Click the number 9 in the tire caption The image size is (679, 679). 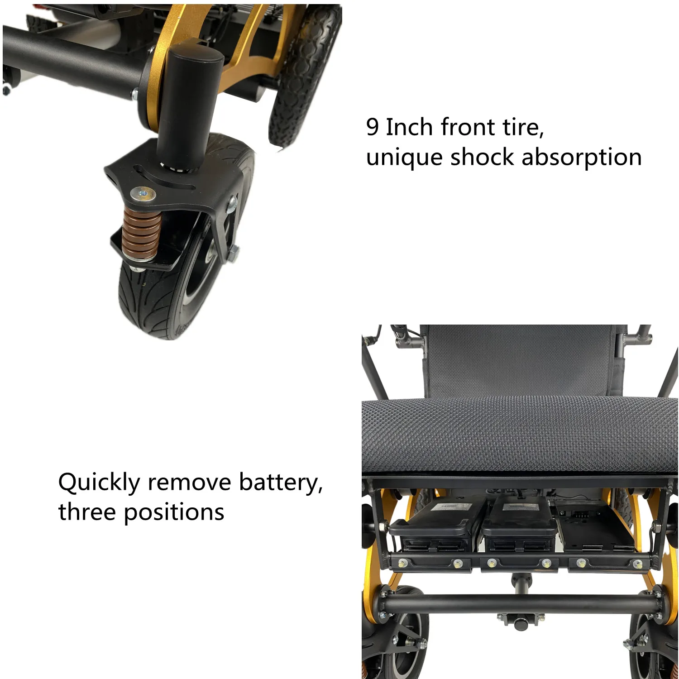[x=372, y=127]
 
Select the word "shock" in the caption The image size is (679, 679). [x=482, y=158]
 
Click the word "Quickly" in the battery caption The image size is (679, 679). [x=99, y=483]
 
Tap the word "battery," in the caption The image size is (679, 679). [x=281, y=483]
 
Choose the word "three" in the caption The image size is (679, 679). [x=87, y=512]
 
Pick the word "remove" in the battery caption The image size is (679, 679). [x=190, y=483]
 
